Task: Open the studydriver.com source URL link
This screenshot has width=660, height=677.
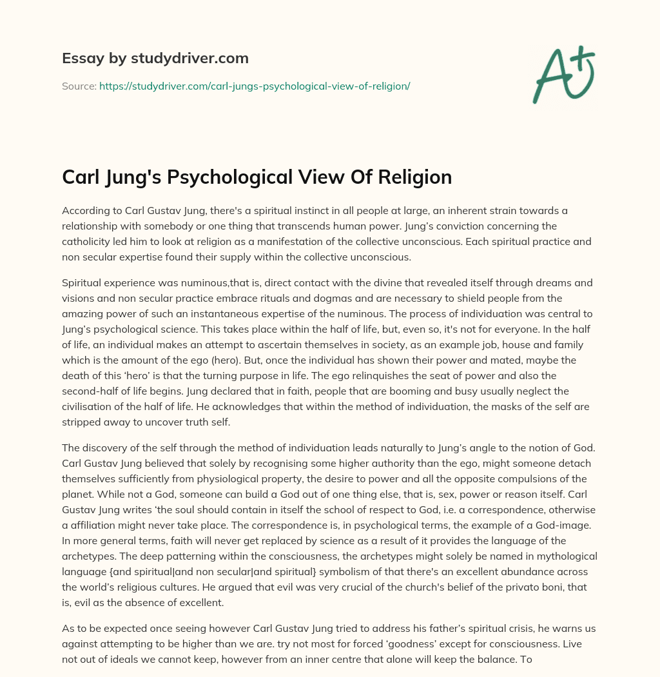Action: click(x=255, y=86)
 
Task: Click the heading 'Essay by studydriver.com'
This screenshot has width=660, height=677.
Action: click(x=155, y=58)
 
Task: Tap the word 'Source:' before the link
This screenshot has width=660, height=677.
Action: click(x=79, y=86)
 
